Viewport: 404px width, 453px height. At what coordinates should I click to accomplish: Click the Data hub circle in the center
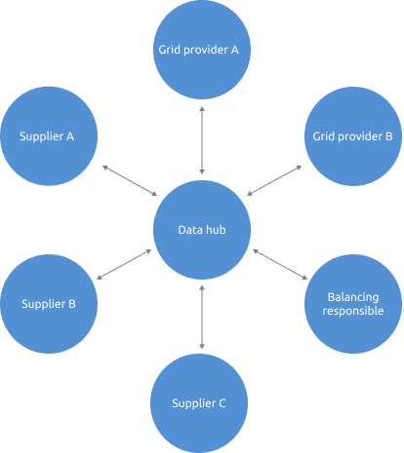click(202, 230)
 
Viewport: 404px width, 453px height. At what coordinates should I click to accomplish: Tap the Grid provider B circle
click(352, 136)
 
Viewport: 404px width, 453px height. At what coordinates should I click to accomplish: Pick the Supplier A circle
click(47, 136)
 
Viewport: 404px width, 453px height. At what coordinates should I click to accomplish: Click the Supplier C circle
click(199, 402)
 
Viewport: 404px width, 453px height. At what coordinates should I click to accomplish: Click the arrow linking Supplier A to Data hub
click(129, 180)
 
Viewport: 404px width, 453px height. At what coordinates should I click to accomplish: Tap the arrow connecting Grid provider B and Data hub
click(275, 180)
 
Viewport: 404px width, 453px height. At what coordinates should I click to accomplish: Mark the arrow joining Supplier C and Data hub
click(202, 317)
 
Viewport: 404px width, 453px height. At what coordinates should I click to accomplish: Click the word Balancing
click(352, 296)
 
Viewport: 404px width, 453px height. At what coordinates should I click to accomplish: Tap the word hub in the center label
click(216, 230)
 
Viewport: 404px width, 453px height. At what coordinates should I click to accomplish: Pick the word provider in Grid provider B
click(357, 136)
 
